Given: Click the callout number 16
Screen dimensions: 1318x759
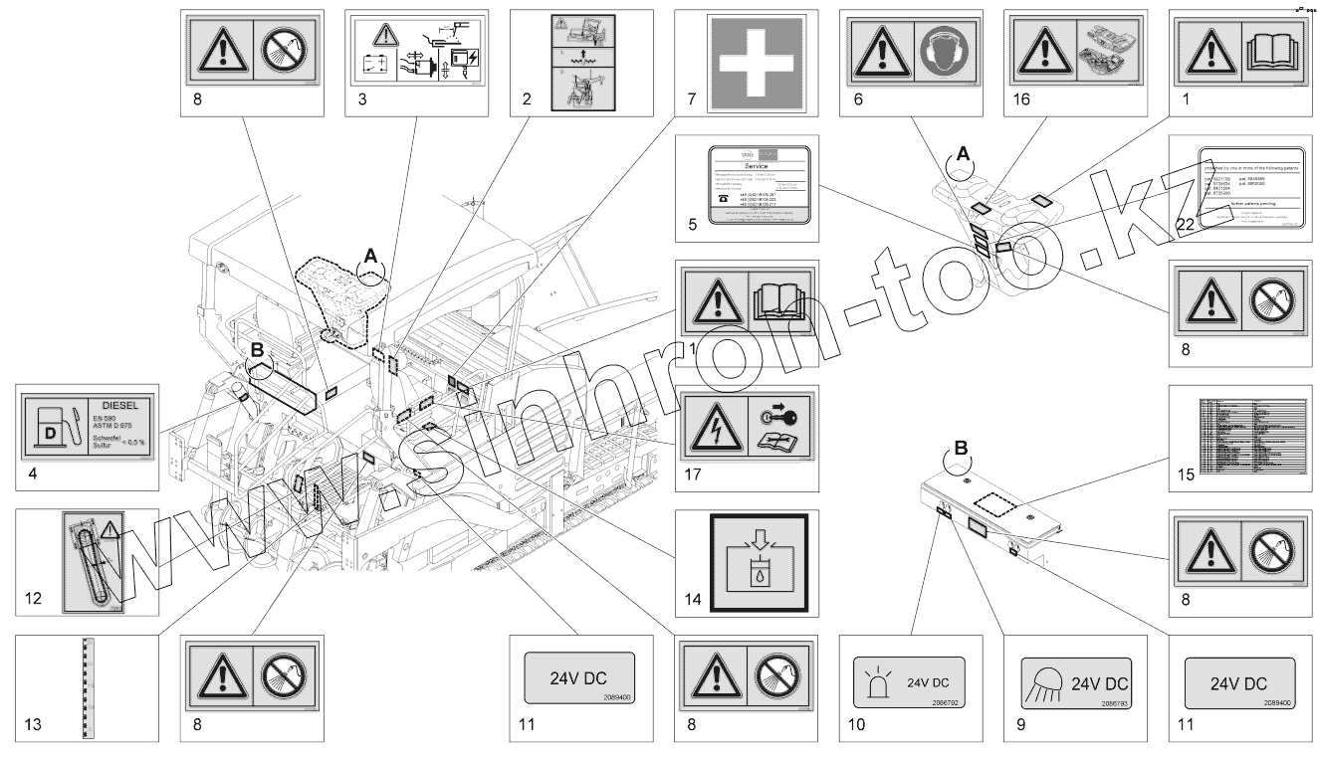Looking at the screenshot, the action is click(1017, 99).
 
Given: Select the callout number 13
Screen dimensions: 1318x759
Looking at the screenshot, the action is click(33, 725).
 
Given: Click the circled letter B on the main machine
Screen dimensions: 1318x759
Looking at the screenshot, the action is click(256, 350).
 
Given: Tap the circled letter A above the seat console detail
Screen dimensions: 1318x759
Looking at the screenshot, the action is click(962, 153).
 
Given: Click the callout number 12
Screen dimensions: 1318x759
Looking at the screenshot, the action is click(34, 600).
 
